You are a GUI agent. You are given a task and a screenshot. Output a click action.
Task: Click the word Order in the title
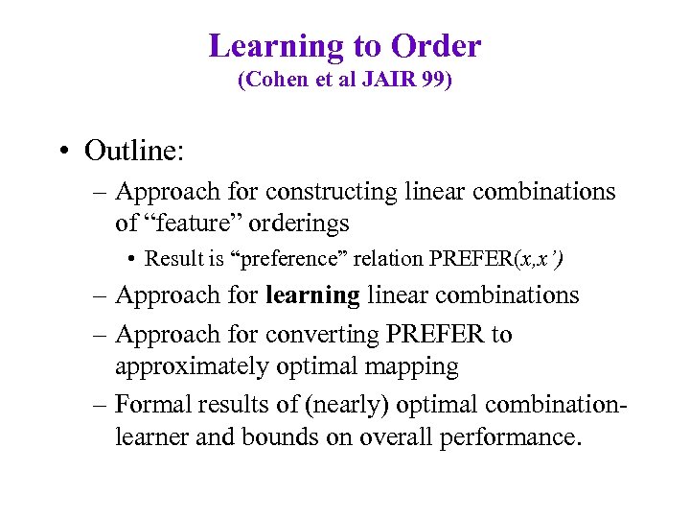tap(435, 46)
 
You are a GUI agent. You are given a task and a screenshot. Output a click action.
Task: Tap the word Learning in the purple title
tap(276, 46)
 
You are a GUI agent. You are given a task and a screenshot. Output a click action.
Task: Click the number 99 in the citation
tap(432, 81)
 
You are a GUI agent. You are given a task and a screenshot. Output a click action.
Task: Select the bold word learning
tap(313, 295)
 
